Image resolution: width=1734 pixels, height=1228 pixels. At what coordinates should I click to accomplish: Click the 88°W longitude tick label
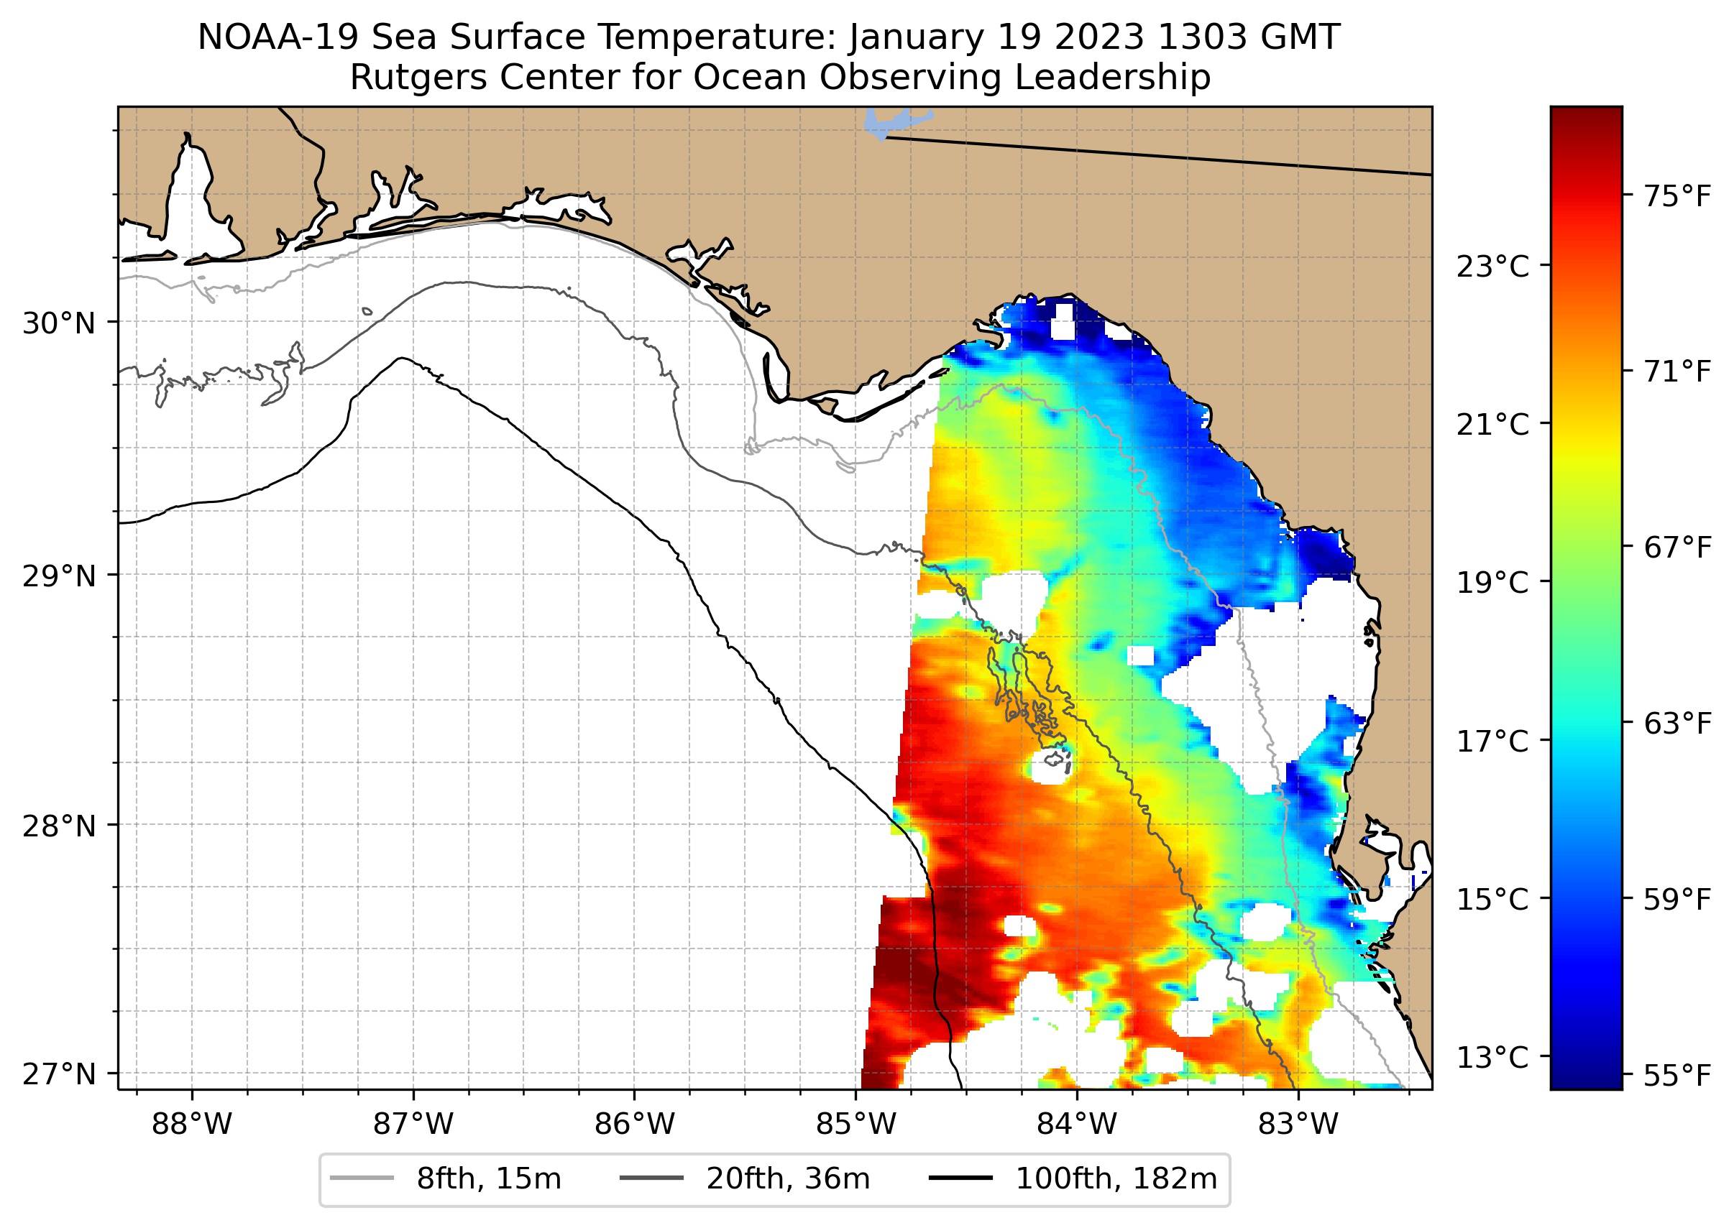(191, 1125)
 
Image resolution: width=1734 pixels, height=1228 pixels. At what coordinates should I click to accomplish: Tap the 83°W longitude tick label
(1298, 1125)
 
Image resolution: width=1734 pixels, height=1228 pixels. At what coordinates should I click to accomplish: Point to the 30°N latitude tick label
(59, 323)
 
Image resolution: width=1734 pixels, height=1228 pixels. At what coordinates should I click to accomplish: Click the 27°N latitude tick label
(59, 1074)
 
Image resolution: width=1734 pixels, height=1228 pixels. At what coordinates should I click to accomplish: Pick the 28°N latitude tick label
(59, 826)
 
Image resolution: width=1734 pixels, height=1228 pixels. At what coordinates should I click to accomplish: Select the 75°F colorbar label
(1677, 197)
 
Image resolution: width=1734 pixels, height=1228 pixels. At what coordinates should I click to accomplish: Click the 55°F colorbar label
(1677, 1074)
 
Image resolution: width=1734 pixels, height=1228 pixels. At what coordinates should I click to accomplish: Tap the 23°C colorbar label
(1492, 267)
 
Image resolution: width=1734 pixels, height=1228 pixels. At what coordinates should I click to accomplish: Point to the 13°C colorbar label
(1492, 1057)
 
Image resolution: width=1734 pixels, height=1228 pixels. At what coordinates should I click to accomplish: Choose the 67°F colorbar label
(1677, 548)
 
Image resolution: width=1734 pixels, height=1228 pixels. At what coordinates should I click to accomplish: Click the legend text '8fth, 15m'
(489, 1179)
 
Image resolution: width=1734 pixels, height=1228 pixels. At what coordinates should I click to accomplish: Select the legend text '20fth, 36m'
(789, 1179)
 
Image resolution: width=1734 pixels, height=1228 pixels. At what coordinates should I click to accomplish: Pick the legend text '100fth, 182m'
(1116, 1179)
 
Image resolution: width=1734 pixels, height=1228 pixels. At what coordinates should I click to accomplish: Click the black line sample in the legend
(960, 1178)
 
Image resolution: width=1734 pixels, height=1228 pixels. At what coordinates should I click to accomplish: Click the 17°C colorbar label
(1492, 741)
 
